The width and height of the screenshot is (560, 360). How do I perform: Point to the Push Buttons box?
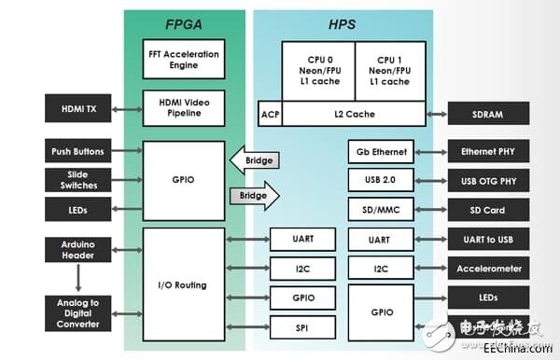pos(78,151)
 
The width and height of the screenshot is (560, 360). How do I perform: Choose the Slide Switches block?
pos(78,179)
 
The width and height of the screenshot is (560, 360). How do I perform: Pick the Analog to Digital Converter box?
pos(78,312)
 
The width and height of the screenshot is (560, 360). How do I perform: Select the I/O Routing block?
pos(183,285)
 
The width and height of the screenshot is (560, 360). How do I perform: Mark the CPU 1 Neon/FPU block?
pos(388,69)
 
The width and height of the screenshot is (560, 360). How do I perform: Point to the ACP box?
pos(269,114)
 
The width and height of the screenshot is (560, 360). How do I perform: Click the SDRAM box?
pos(488,114)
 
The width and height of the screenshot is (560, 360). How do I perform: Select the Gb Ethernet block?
pos(380,151)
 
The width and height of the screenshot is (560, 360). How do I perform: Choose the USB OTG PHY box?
pos(488,179)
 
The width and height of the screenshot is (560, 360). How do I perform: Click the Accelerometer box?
pos(488,269)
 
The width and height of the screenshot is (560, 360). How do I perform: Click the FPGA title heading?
pos(185,22)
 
